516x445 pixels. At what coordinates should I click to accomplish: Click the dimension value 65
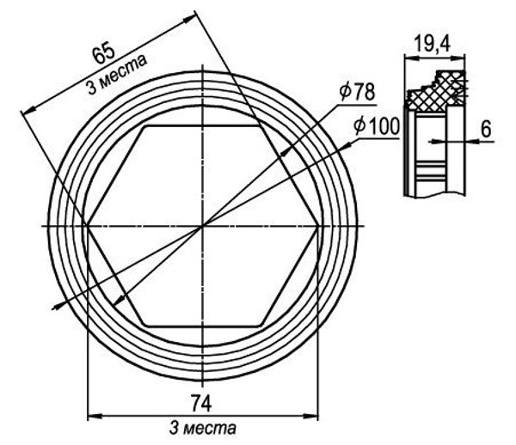click(x=104, y=54)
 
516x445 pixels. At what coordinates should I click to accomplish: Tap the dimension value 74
click(x=201, y=404)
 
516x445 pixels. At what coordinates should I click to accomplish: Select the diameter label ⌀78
click(x=358, y=92)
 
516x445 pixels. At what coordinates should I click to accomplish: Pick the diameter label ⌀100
click(x=377, y=126)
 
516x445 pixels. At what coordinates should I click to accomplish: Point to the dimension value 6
click(x=486, y=129)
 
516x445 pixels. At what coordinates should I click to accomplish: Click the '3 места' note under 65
click(x=117, y=75)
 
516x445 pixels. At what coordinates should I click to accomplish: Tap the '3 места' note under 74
click(x=202, y=428)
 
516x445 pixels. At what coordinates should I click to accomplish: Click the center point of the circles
click(x=203, y=226)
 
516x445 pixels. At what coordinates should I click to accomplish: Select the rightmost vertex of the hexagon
click(x=318, y=226)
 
